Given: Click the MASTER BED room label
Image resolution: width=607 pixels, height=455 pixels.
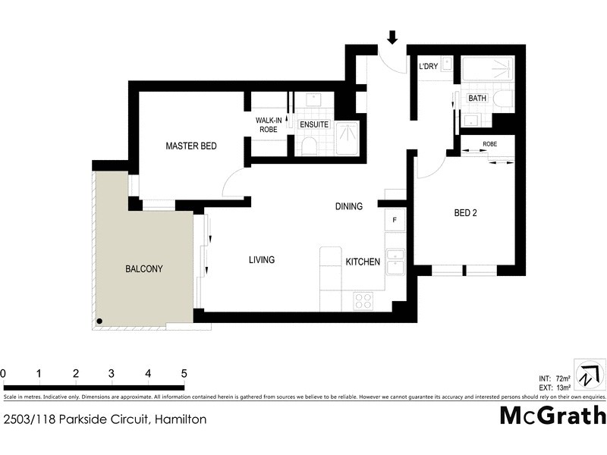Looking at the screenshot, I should [x=192, y=146].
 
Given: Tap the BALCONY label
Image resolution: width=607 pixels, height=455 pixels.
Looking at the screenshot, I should [x=144, y=268].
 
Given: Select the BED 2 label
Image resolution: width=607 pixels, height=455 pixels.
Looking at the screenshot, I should [x=465, y=213].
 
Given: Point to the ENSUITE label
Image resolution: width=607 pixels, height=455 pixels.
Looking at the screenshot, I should [x=313, y=125].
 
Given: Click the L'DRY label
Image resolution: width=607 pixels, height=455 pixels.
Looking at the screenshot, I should [x=429, y=67].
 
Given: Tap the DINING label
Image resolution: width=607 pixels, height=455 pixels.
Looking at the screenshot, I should [x=350, y=206].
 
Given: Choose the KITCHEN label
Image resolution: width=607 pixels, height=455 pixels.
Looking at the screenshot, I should [x=363, y=261].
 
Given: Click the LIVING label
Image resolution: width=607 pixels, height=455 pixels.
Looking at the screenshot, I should [x=262, y=260].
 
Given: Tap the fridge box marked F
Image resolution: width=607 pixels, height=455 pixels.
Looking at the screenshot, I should [x=395, y=220].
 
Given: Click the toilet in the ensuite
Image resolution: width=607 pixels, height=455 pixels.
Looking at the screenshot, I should [x=309, y=146].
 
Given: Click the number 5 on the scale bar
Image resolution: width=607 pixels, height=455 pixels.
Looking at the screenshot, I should [x=183, y=373].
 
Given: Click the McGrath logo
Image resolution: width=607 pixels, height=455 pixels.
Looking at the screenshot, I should [x=552, y=416].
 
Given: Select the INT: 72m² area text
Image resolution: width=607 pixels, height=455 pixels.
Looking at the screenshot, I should [x=555, y=378].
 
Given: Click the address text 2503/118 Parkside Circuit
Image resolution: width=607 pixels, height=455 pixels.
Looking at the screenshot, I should [x=105, y=419].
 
